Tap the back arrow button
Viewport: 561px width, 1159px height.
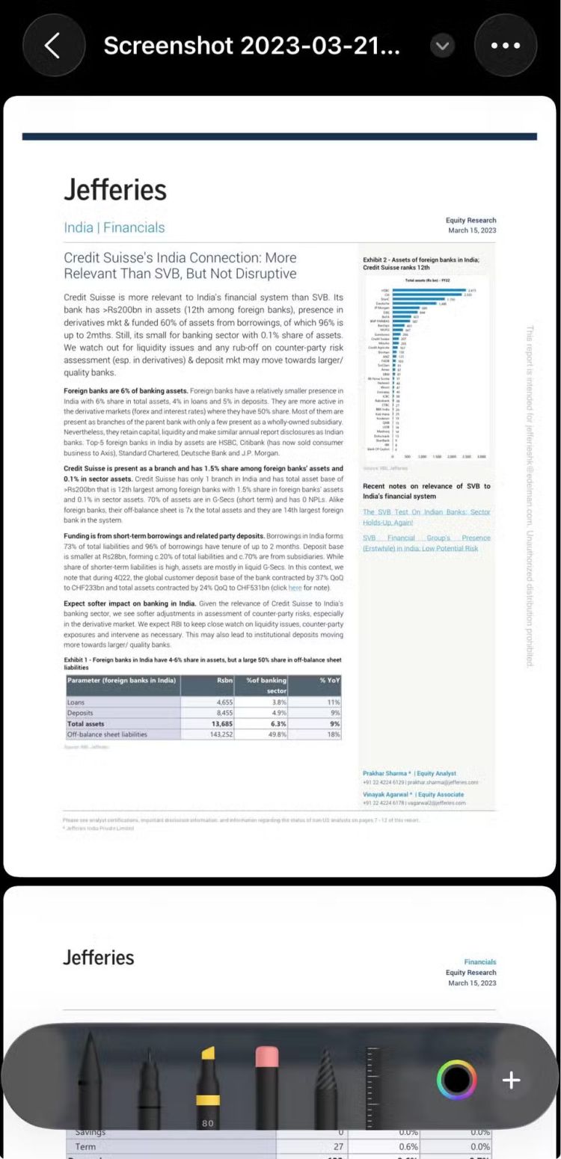tap(52, 46)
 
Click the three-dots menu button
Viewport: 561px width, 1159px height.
tap(506, 46)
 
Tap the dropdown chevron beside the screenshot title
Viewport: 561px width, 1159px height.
tap(443, 46)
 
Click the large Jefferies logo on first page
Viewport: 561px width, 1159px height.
tap(115, 189)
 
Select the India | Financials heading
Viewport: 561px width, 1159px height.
tap(114, 227)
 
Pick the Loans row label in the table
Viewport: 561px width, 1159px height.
tap(76, 703)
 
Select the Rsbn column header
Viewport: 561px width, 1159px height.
tap(224, 680)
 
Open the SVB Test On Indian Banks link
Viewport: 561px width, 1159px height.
tap(426, 517)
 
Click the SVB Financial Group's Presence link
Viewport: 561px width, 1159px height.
tap(426, 543)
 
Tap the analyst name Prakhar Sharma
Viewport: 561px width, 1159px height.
tap(384, 773)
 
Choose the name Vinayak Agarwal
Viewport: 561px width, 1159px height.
tap(387, 794)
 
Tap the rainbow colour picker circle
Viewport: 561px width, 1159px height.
tap(456, 1079)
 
